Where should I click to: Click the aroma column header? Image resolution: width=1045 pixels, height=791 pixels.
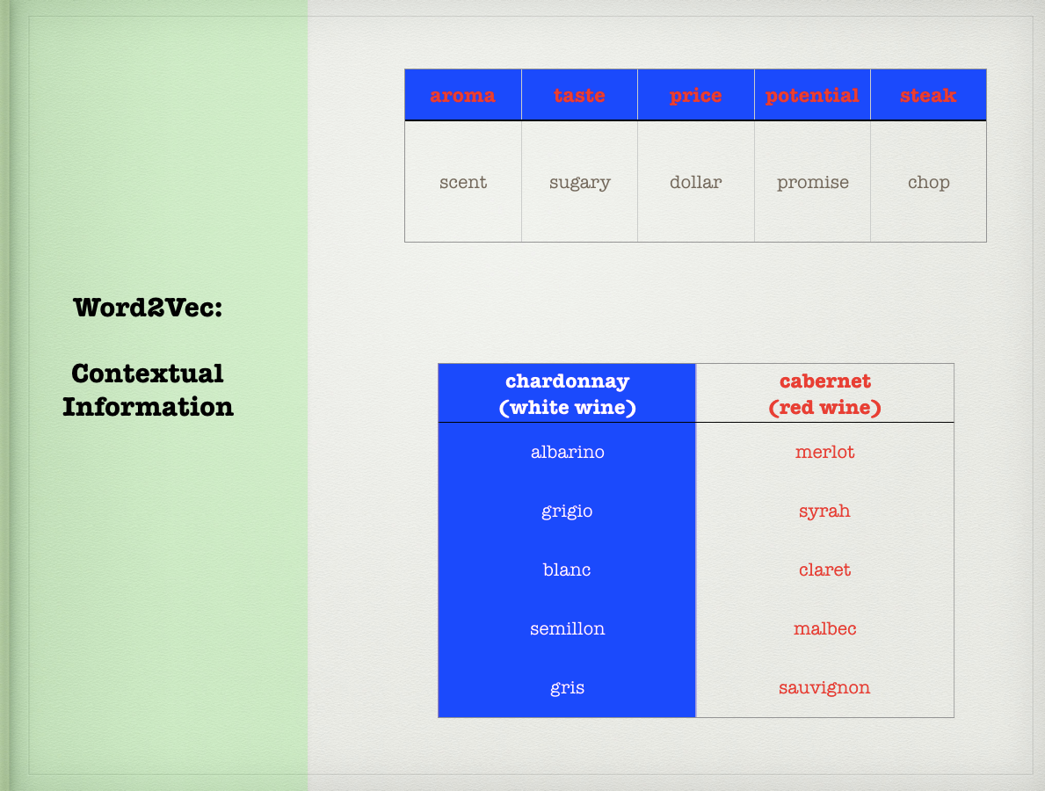462,95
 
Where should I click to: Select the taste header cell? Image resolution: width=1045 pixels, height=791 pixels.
579,95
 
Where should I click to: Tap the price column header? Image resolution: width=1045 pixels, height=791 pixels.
696,95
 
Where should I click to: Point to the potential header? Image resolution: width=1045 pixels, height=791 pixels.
812,95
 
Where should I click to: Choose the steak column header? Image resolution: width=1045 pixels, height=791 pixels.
928,95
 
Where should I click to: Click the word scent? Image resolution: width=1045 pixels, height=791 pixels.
463,182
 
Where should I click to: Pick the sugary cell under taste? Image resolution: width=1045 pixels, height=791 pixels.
580,183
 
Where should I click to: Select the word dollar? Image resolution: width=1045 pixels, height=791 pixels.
696,181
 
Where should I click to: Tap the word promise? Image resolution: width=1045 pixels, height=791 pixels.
812,183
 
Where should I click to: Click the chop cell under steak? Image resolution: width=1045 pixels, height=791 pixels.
928,183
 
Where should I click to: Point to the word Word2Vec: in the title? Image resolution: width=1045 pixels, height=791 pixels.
148,308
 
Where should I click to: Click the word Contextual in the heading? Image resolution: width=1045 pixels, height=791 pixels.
148,374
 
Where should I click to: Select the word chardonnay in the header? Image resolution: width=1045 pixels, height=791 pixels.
567,381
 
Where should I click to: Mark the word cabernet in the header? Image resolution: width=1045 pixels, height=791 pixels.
825,381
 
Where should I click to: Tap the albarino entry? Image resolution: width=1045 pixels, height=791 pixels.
567,452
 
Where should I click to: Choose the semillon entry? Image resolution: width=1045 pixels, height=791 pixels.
567,628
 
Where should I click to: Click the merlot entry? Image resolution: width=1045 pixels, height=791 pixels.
824,452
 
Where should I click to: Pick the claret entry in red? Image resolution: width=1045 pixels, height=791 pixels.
824,570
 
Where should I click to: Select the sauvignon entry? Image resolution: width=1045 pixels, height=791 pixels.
824,688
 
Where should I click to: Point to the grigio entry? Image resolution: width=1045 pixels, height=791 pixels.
567,512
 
